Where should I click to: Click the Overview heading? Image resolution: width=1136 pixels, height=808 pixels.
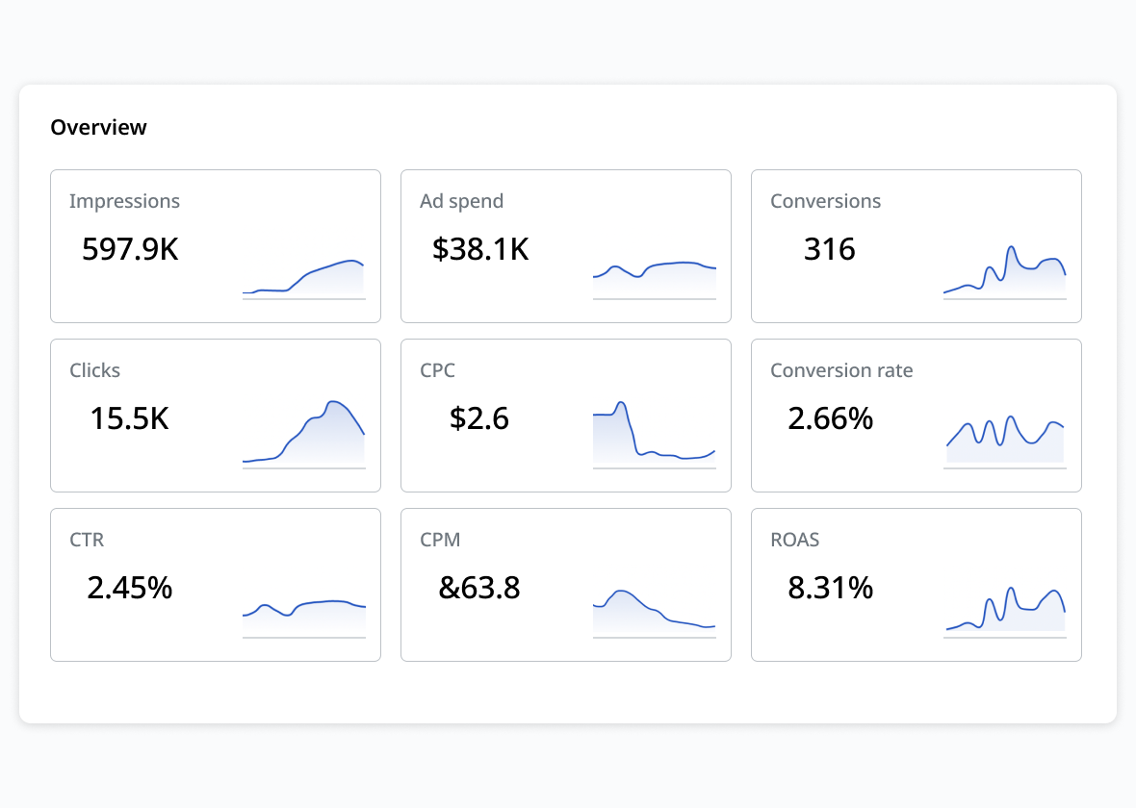(98, 127)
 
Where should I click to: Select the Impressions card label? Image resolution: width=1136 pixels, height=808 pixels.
(124, 201)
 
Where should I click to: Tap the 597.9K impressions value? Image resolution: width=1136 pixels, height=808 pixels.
(130, 249)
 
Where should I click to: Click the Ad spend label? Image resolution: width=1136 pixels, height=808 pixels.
(461, 201)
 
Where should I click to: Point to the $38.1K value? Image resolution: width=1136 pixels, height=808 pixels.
(480, 249)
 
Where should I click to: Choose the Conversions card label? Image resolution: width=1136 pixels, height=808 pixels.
(825, 201)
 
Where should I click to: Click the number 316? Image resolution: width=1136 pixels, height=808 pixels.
(829, 249)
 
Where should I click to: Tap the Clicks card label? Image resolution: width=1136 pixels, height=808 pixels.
(94, 370)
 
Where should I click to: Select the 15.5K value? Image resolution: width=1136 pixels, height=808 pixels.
(129, 418)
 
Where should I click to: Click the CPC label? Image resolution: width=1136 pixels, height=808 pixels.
(437, 370)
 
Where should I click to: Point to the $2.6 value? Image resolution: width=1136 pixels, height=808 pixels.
(479, 418)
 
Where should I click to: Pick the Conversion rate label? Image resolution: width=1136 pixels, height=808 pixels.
(841, 370)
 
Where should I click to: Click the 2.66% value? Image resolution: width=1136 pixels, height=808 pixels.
(830, 418)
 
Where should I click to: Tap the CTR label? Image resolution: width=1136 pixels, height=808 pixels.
(87, 540)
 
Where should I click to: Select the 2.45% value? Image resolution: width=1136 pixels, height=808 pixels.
(129, 588)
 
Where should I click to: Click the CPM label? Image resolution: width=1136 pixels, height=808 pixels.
(440, 540)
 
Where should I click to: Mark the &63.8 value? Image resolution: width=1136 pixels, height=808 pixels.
(479, 588)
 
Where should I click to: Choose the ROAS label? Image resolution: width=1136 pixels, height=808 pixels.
(794, 540)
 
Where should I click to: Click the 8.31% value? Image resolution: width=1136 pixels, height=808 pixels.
(830, 588)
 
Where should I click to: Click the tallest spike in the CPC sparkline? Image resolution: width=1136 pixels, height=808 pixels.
(622, 403)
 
